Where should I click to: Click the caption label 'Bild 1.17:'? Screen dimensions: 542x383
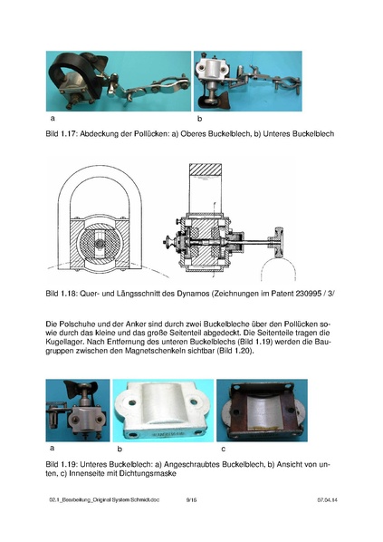(x=61, y=134)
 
